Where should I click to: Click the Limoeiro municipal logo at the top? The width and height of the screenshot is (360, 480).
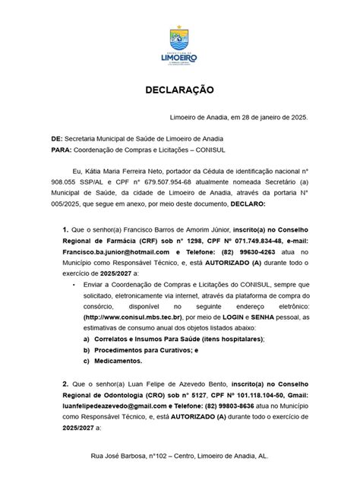180,46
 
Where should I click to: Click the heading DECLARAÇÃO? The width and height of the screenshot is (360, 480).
180,90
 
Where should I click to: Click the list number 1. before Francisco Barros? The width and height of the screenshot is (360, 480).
65,228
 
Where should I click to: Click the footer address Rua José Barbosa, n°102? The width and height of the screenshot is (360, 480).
180,458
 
